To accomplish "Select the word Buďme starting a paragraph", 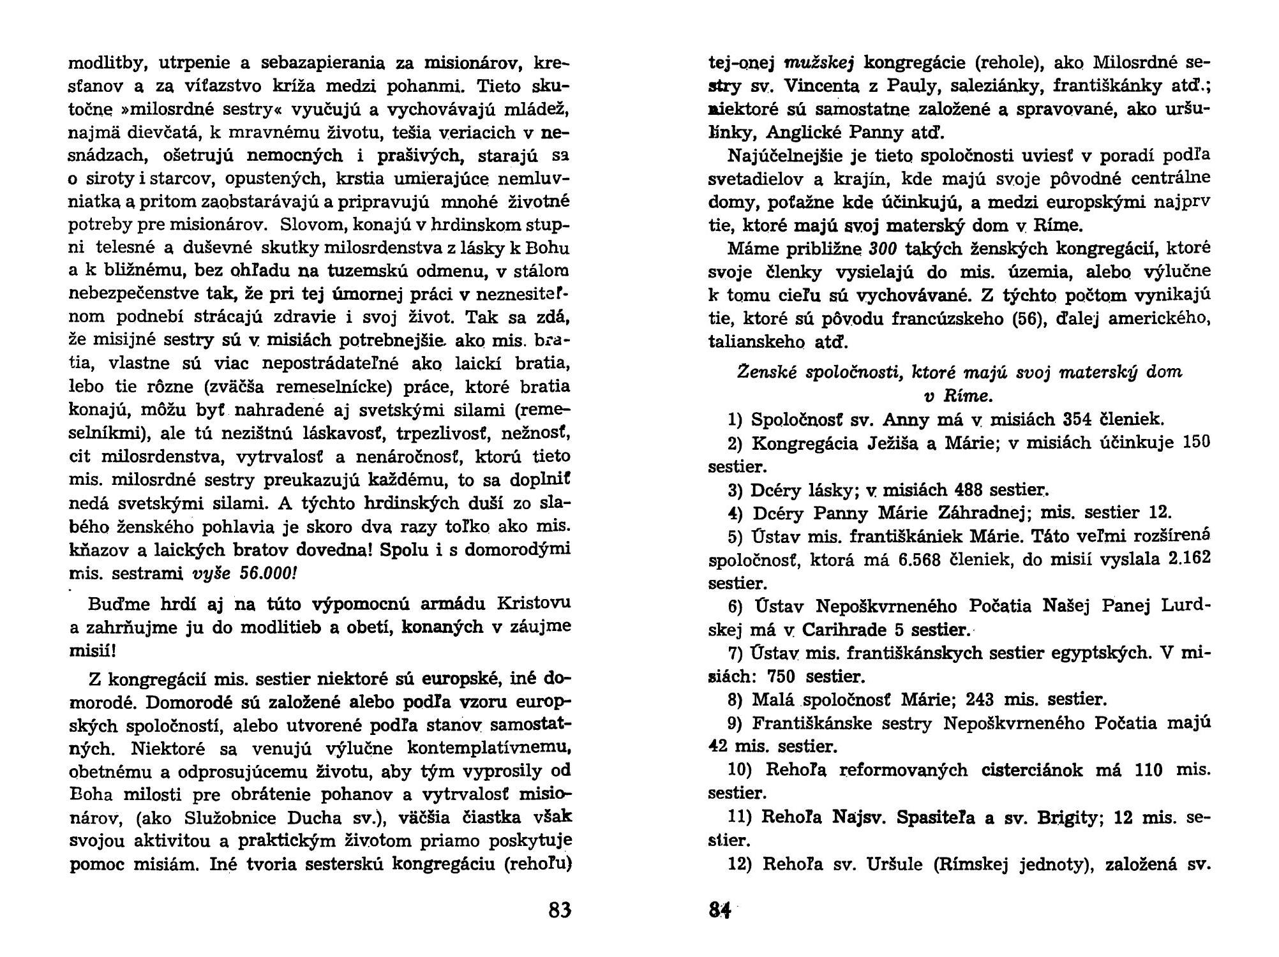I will [116, 604].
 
